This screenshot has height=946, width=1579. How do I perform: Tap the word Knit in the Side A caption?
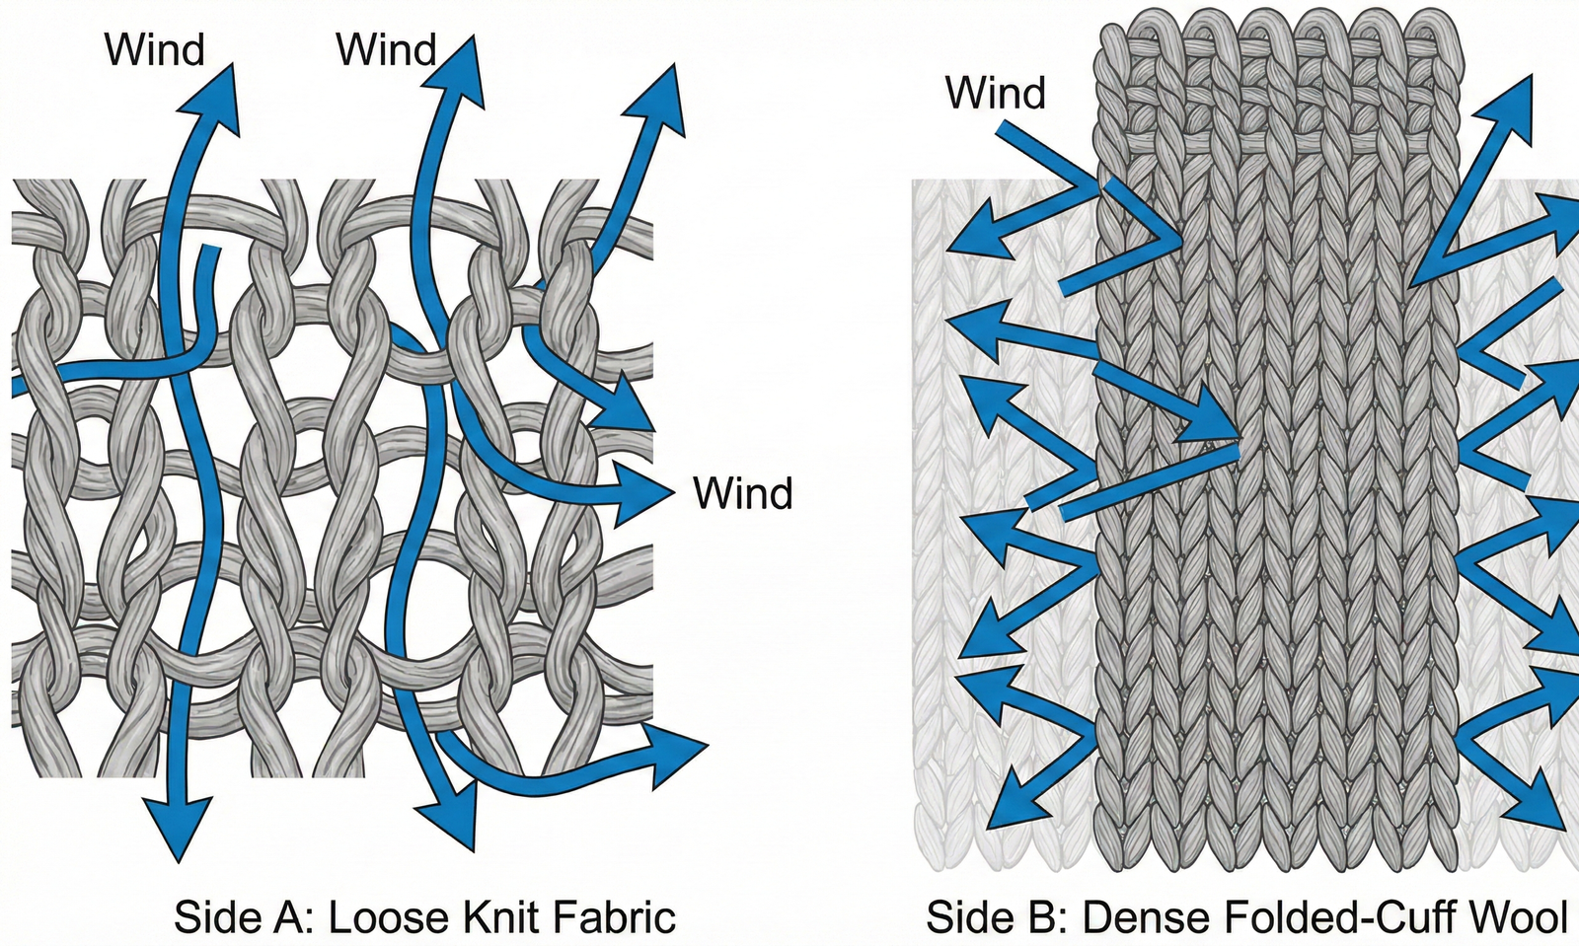tap(496, 916)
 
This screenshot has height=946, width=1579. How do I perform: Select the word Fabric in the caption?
tap(615, 916)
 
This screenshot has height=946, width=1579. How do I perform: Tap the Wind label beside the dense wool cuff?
tap(995, 93)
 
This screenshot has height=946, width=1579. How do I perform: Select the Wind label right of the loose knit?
tap(742, 492)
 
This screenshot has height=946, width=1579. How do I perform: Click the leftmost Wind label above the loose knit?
tap(155, 49)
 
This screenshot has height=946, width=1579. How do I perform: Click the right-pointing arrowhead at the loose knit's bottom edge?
tap(676, 753)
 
